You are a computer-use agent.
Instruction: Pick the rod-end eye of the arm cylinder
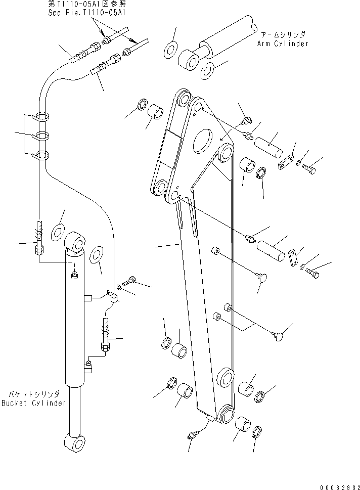click(190, 61)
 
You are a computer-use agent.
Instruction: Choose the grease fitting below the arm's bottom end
click(193, 434)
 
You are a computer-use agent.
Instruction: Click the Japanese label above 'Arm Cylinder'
click(283, 34)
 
